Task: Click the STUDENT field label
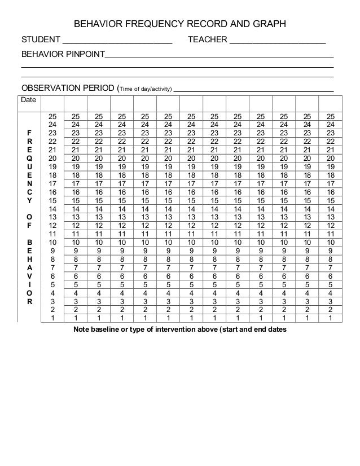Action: (40, 40)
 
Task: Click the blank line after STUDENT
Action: (117, 42)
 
